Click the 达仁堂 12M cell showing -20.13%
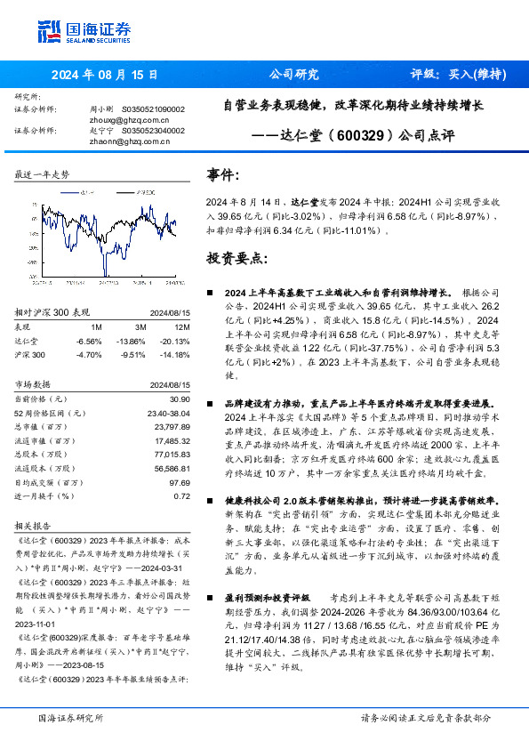(175, 341)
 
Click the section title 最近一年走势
(42, 174)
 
